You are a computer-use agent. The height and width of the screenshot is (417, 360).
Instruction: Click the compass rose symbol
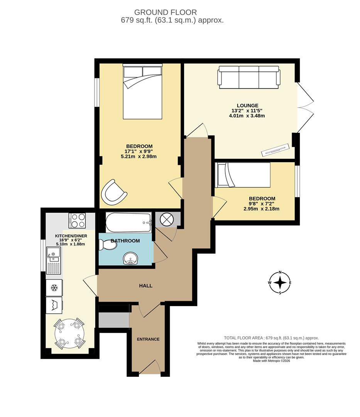(x=280, y=283)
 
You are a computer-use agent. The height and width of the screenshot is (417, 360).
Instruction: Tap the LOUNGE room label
(x=247, y=105)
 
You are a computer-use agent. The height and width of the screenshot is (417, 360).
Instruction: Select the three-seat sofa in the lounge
(x=249, y=77)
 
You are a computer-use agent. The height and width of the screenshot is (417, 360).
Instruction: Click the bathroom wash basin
(x=131, y=260)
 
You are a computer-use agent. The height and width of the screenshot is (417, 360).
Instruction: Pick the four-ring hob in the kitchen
(x=77, y=220)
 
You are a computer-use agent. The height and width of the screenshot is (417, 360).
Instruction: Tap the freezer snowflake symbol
(x=54, y=288)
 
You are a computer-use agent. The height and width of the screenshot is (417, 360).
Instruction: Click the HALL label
(x=145, y=286)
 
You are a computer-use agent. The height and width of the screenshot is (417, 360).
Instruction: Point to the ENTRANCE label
(x=148, y=339)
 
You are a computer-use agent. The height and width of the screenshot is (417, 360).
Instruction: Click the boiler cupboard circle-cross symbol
(x=167, y=219)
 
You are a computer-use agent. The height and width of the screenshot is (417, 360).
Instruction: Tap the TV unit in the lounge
(x=275, y=150)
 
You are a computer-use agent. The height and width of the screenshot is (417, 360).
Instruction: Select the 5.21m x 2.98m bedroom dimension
(x=139, y=156)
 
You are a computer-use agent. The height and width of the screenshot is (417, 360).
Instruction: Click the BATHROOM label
(x=125, y=241)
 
